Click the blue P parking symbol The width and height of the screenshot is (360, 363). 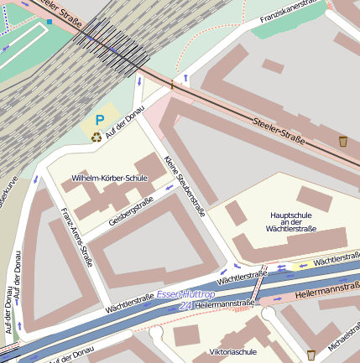click(x=100, y=121)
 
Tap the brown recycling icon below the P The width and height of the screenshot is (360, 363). click(x=97, y=137)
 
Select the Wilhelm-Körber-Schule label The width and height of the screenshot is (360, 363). click(x=109, y=179)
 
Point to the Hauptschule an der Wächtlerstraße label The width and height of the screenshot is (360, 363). click(x=290, y=221)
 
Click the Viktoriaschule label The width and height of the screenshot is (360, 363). click(x=232, y=352)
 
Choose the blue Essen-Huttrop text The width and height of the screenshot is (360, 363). click(x=185, y=295)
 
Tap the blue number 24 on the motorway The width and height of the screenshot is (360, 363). click(x=185, y=307)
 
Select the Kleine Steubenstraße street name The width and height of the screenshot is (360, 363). click(x=185, y=186)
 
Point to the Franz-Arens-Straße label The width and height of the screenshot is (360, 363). click(x=76, y=236)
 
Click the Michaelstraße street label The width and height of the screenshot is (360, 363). click(x=343, y=334)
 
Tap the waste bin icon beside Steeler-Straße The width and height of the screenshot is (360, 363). click(x=342, y=141)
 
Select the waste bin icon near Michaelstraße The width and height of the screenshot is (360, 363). click(x=311, y=355)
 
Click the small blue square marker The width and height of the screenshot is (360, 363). click(x=50, y=21)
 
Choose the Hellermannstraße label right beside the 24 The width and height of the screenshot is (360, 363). click(x=224, y=303)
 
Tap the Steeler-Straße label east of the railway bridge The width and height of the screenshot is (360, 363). click(x=279, y=127)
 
